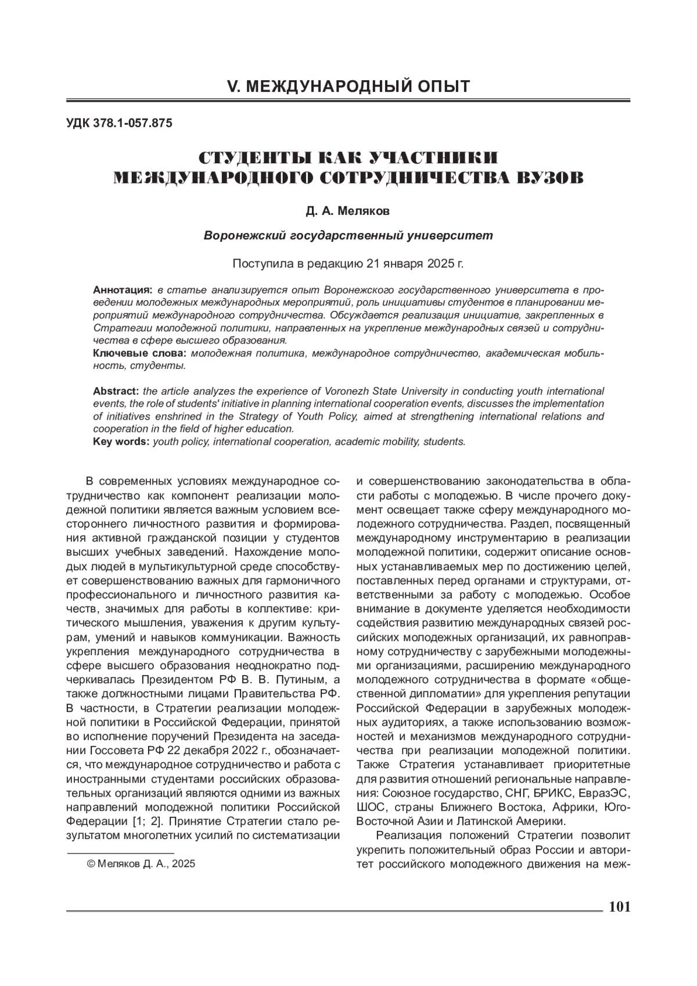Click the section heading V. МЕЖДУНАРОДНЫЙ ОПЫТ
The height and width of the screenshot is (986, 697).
click(x=348, y=87)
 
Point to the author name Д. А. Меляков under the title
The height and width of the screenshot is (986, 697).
click(x=348, y=211)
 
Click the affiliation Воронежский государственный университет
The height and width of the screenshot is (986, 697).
click(x=348, y=236)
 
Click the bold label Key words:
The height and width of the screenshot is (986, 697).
click(x=121, y=442)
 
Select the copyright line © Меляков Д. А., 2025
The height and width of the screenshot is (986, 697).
click(x=141, y=864)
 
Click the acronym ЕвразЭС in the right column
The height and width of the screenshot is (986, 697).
click(x=605, y=793)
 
